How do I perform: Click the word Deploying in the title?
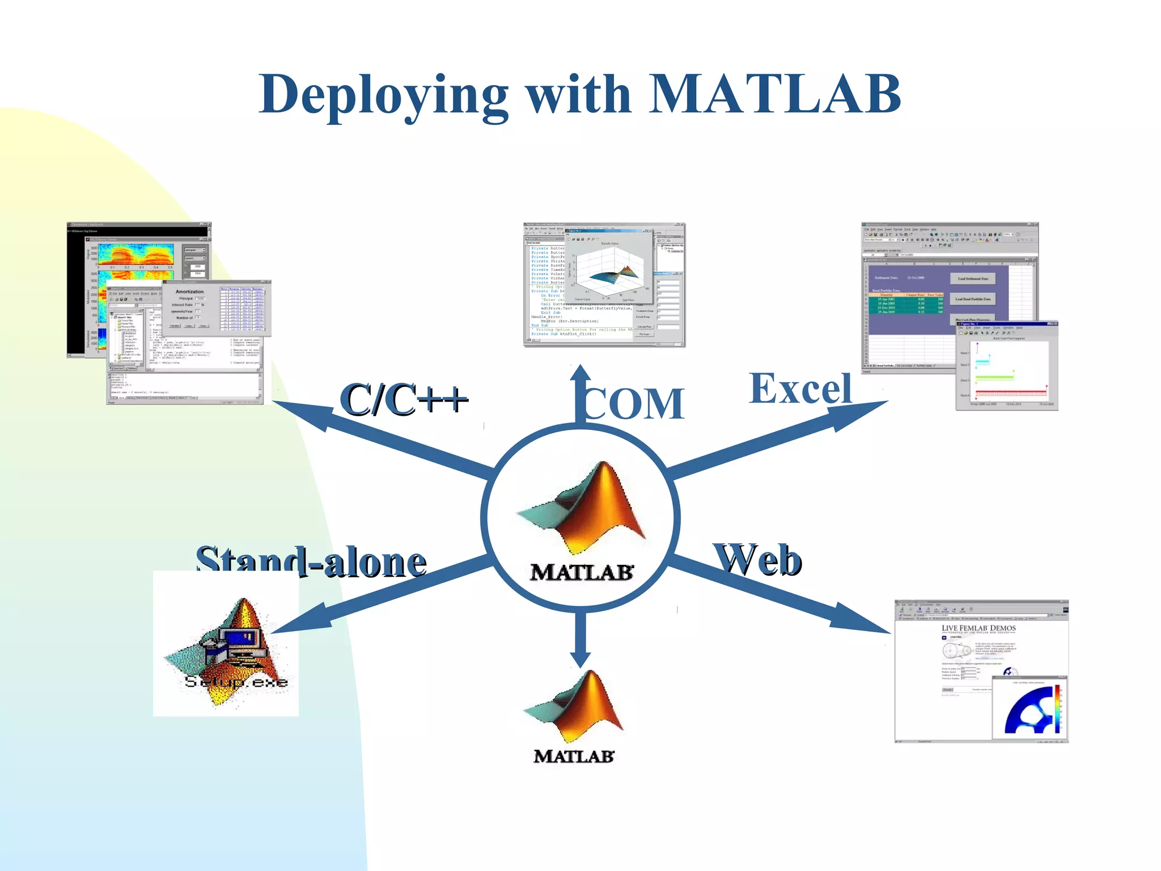click(383, 95)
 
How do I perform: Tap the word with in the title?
click(579, 94)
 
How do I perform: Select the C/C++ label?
click(404, 400)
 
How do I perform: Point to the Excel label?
click(800, 389)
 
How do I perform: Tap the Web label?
click(759, 560)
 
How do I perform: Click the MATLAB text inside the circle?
click(582, 572)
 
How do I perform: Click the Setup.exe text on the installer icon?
click(236, 682)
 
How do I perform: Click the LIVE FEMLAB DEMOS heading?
click(978, 628)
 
